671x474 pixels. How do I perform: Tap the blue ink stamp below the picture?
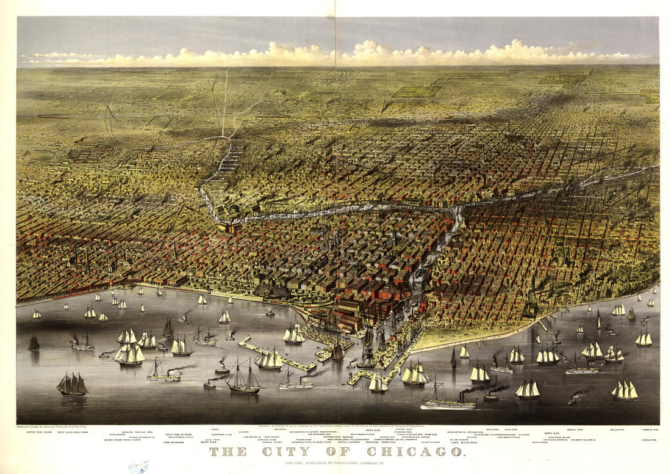tap(138, 467)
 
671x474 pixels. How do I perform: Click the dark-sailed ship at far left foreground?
tap(72, 385)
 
